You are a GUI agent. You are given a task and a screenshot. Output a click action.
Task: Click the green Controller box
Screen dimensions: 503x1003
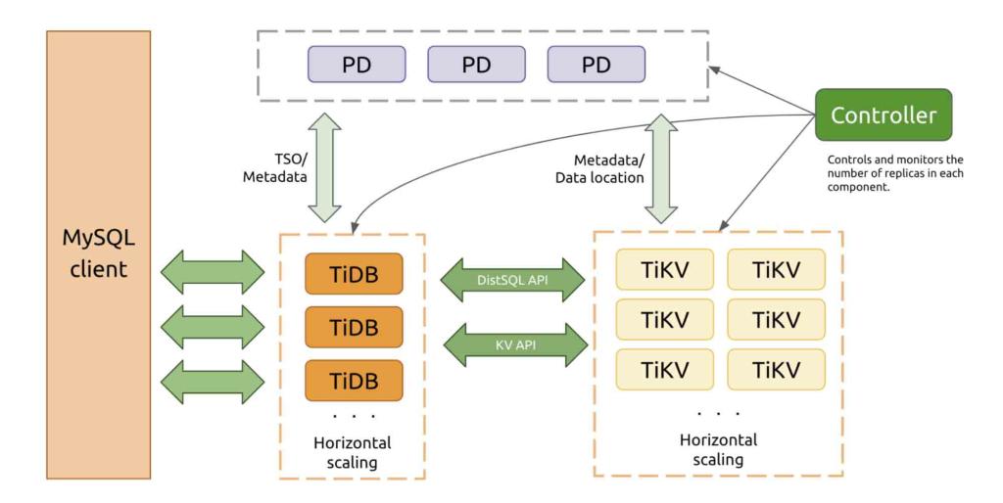[x=884, y=114]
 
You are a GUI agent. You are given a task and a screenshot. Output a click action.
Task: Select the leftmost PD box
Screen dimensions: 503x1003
[x=357, y=65]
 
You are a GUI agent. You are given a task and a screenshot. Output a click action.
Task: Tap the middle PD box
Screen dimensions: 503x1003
[x=476, y=65]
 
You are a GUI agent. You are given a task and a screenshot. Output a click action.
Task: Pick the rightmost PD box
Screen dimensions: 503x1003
[x=596, y=65]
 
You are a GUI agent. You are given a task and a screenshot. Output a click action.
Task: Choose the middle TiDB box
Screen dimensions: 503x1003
[x=355, y=326]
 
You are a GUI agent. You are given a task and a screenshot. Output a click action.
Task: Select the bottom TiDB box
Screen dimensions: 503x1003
[x=355, y=380]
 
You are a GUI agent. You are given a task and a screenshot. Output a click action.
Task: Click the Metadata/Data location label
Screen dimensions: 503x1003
[x=599, y=168]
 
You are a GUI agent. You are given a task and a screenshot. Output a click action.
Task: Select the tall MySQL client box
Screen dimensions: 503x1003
[x=98, y=254]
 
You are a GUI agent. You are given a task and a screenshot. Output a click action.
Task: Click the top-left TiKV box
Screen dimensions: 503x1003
[x=664, y=269]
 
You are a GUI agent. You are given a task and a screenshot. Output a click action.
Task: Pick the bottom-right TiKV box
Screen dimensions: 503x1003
[x=776, y=370]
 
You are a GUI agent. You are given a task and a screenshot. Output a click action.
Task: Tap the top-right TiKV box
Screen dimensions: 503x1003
[x=776, y=269]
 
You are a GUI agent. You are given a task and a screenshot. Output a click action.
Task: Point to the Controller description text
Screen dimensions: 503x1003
[x=896, y=173]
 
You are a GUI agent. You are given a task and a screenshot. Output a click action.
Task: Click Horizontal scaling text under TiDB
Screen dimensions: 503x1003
[x=353, y=452]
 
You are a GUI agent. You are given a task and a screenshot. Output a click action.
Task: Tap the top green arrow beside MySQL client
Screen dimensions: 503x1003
[x=212, y=271]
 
